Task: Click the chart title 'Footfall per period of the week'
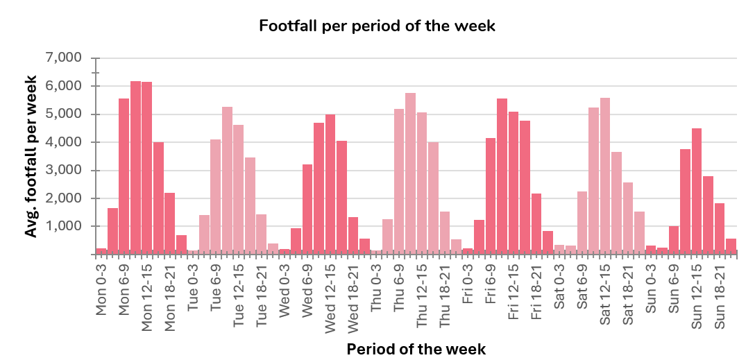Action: click(x=377, y=26)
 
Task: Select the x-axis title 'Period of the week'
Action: click(x=416, y=348)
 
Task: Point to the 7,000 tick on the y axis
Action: click(x=63, y=58)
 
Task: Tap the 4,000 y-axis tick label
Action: click(x=63, y=142)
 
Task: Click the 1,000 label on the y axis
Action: click(x=63, y=226)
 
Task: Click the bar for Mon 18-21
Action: click(x=170, y=222)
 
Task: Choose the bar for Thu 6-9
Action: click(x=399, y=180)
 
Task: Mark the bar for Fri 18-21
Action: click(x=536, y=223)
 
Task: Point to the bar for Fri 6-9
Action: click(x=491, y=195)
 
